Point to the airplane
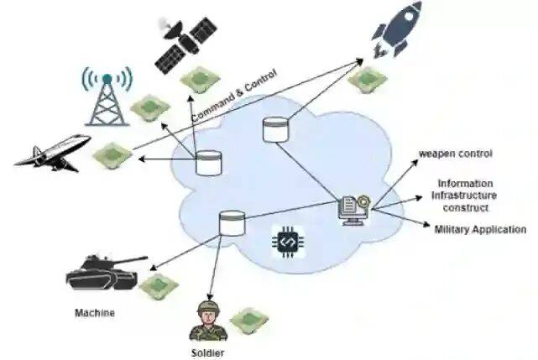point(52,152)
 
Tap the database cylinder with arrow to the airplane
point(206,162)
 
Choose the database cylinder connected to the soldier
point(230,223)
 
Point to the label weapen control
point(456,154)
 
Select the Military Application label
point(480,229)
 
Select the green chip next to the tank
point(159,286)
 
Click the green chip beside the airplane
point(112,154)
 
